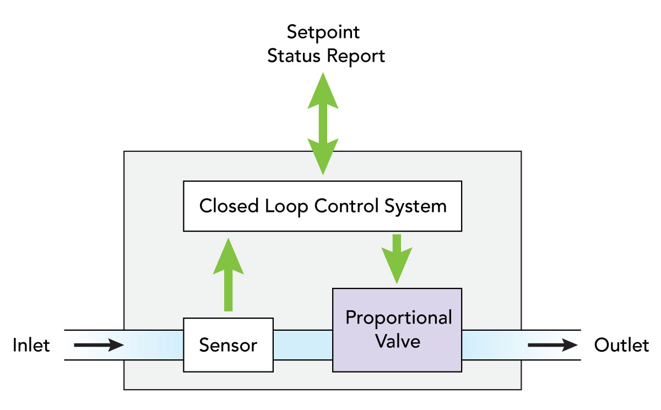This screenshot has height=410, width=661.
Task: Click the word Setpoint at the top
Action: (x=323, y=32)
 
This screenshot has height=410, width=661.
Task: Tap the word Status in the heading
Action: (x=294, y=56)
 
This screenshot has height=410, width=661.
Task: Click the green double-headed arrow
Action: (x=323, y=123)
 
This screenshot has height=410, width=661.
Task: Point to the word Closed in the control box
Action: (x=229, y=206)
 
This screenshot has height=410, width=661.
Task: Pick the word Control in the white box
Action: (x=346, y=206)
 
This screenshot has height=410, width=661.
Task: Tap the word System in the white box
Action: (x=415, y=206)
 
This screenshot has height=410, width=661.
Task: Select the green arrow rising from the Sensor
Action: (x=229, y=275)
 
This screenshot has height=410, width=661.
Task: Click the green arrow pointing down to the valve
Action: (x=397, y=259)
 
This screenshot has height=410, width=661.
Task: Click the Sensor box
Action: (x=229, y=345)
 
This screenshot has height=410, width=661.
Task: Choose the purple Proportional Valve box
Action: (x=397, y=330)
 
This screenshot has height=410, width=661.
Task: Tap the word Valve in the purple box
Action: (x=398, y=341)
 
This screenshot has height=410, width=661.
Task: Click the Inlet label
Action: (x=31, y=345)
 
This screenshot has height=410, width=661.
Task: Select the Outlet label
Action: (x=621, y=345)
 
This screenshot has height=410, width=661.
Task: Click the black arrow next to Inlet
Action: (x=99, y=345)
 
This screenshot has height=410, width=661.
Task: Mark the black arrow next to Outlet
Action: (x=552, y=345)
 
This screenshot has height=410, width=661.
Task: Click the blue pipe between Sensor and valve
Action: (x=303, y=345)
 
